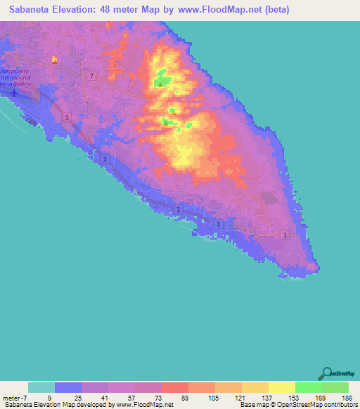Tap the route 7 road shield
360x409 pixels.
[x=92, y=74]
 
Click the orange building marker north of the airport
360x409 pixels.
[x=54, y=60]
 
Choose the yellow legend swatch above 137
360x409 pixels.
[x=255, y=387]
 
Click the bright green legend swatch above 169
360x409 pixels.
[x=309, y=387]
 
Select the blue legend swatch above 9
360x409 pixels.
[x=68, y=387]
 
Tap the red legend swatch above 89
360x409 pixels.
[x=175, y=387]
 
